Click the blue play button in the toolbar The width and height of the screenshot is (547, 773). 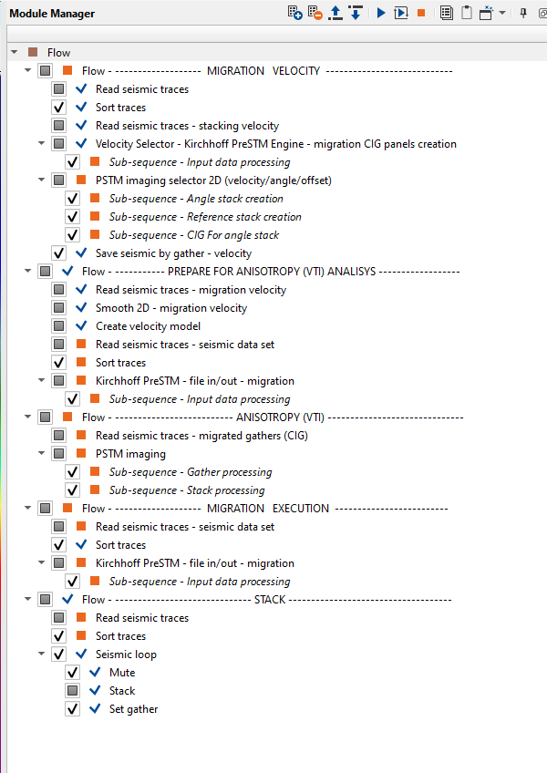pyautogui.click(x=381, y=13)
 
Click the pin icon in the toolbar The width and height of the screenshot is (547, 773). pyautogui.click(x=523, y=13)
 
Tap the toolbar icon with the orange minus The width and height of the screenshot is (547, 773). pyautogui.click(x=315, y=13)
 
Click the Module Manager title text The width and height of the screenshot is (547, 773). pyautogui.click(x=52, y=14)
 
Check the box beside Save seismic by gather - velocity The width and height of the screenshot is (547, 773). pyautogui.click(x=59, y=253)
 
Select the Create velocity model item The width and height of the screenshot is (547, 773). pyautogui.click(x=148, y=326)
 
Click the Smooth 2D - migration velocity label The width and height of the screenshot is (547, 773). pyautogui.click(x=170, y=308)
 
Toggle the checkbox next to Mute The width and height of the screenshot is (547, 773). pyautogui.click(x=73, y=673)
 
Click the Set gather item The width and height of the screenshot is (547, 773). pyautogui.click(x=133, y=709)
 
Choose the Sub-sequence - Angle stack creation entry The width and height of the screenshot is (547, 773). pyautogui.click(x=196, y=199)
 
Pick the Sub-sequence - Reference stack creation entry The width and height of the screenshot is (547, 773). pyautogui.click(x=205, y=217)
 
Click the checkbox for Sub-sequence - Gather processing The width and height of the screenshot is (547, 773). pyautogui.click(x=73, y=472)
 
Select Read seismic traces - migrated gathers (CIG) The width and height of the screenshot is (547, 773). pyautogui.click(x=201, y=436)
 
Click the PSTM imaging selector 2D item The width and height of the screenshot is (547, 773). pyautogui.click(x=213, y=180)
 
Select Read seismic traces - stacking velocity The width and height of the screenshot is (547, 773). pyautogui.click(x=187, y=126)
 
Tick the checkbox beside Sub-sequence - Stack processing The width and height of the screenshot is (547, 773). pyautogui.click(x=73, y=490)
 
